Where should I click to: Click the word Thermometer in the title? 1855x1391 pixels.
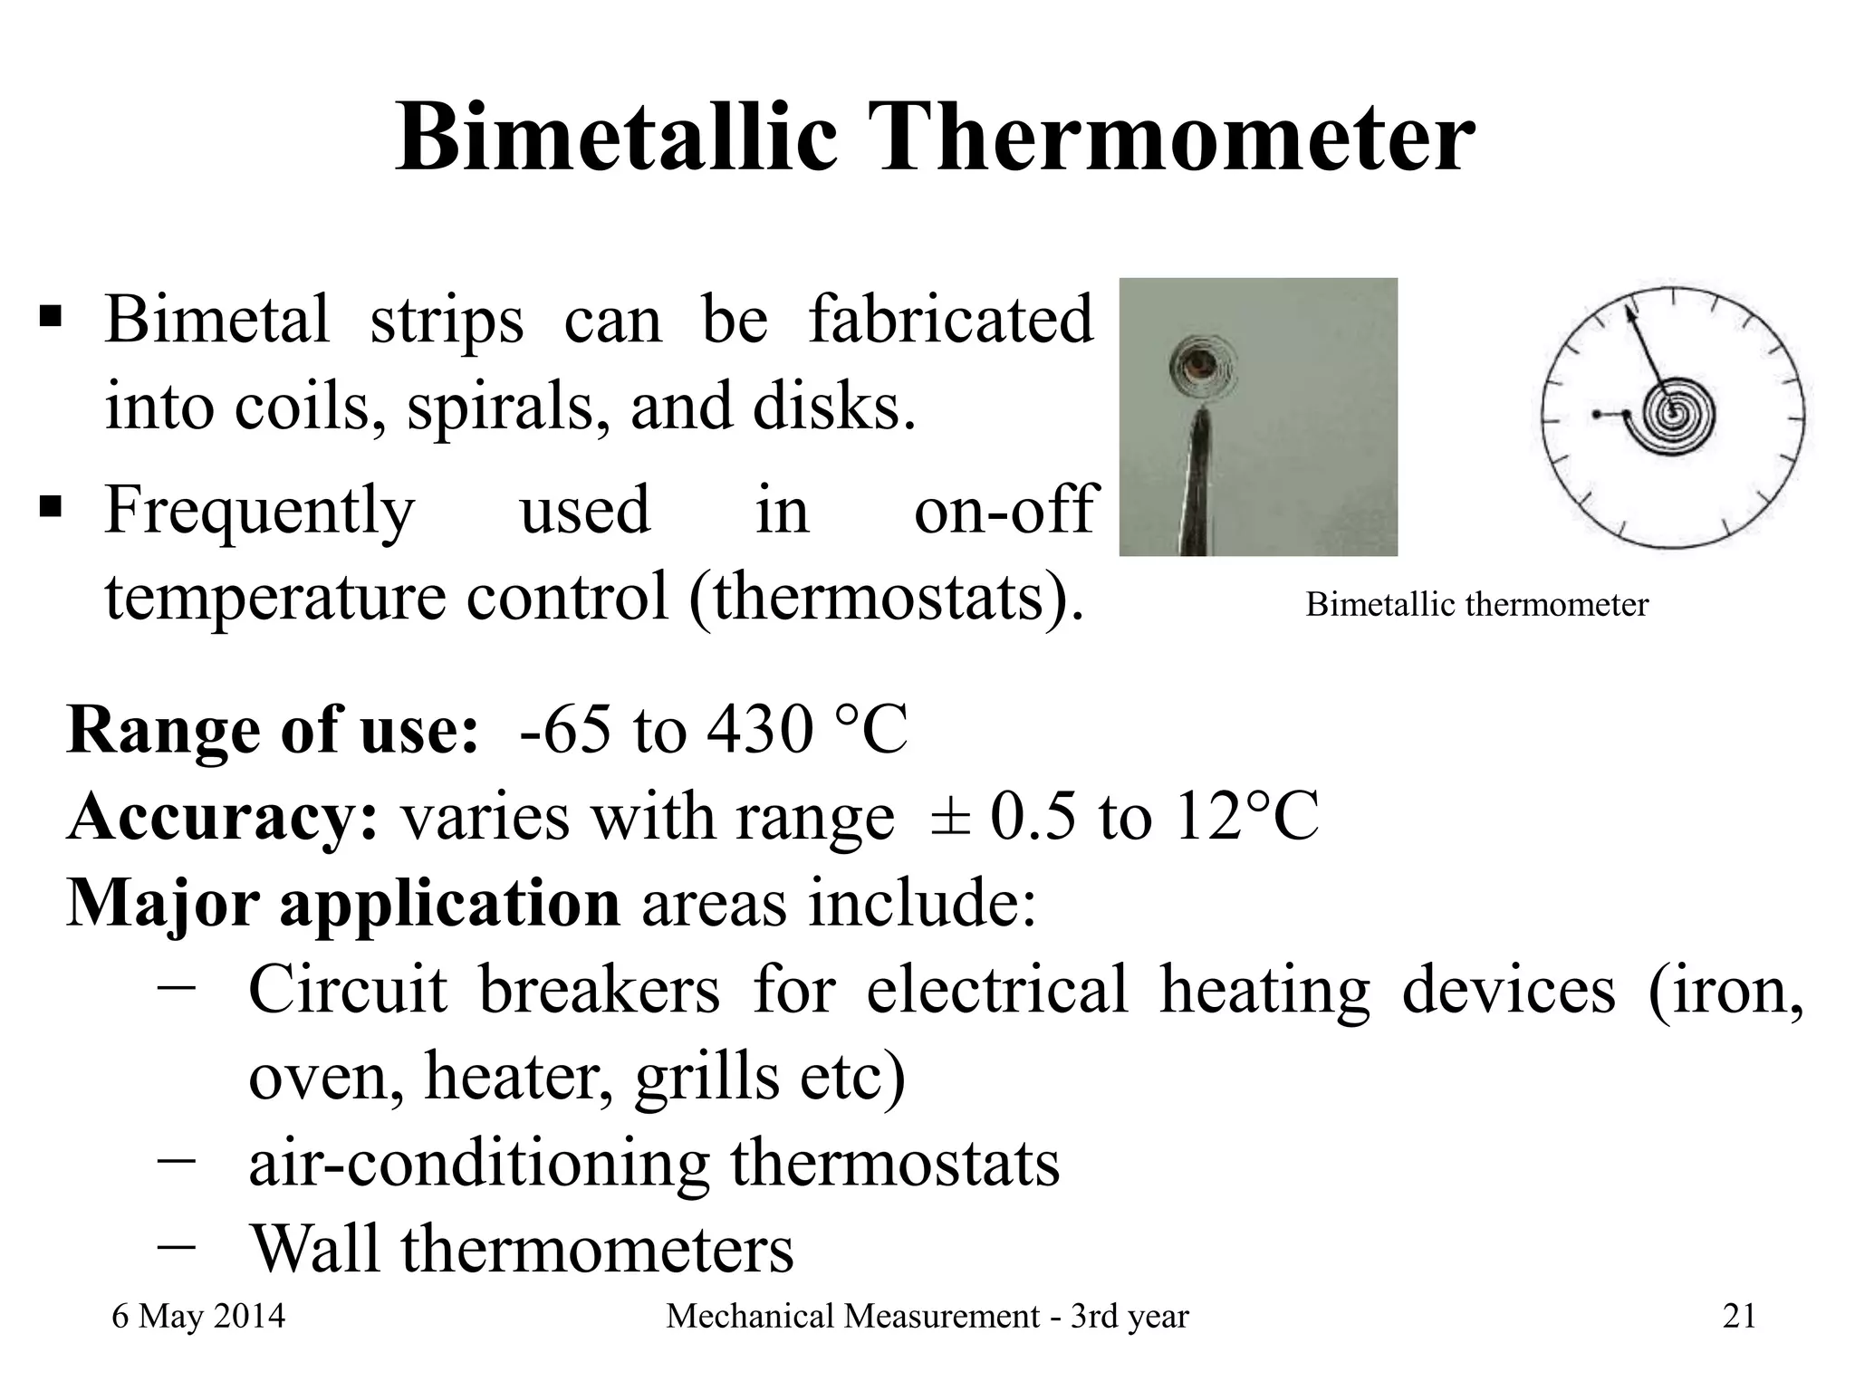(1168, 138)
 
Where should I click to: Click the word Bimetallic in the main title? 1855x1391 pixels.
(617, 138)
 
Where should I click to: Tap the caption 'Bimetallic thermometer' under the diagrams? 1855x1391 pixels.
(1476, 604)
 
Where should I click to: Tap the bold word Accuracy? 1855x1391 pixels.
(222, 817)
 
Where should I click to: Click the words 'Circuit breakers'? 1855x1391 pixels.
(484, 990)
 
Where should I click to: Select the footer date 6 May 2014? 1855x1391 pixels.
(198, 1316)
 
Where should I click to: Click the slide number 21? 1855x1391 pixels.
(1739, 1316)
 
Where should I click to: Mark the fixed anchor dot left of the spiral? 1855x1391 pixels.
(1596, 414)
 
